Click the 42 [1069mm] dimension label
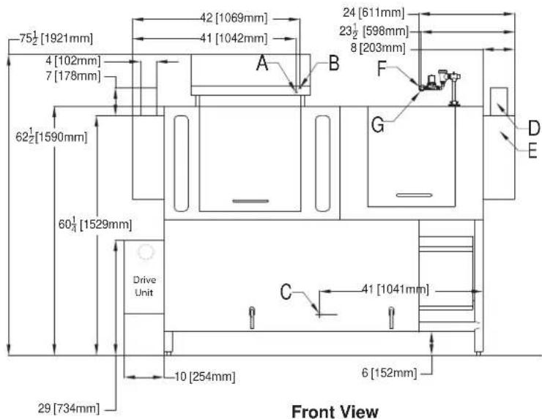234,18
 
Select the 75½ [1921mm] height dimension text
56,38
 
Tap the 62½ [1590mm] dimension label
51,136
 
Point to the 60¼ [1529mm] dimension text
95,224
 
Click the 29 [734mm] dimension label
68,409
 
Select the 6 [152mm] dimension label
389,373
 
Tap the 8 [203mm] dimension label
378,48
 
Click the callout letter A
262,63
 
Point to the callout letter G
377,124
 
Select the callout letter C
286,292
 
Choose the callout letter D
534,128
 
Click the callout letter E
532,151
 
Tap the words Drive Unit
144,286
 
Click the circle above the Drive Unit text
146,252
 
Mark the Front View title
335,412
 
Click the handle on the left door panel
250,201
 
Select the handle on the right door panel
414,195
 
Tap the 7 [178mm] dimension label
73,76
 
